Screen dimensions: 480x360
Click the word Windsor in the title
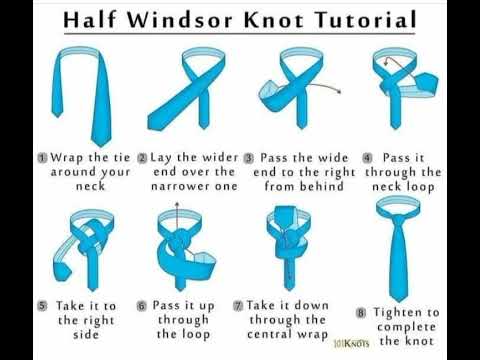click(x=180, y=19)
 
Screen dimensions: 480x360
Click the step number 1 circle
click(x=42, y=158)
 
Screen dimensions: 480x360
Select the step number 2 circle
click(x=142, y=158)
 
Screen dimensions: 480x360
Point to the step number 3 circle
click(x=249, y=158)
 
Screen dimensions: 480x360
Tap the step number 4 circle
click(x=367, y=158)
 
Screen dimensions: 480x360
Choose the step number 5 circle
click(x=42, y=306)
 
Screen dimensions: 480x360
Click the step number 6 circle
click(x=142, y=306)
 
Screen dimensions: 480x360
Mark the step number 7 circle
click(x=238, y=306)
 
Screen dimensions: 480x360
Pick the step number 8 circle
click(x=361, y=313)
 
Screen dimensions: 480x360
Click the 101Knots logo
click(x=351, y=343)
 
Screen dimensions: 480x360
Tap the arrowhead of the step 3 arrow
click(x=339, y=92)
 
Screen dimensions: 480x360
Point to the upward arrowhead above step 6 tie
click(x=177, y=204)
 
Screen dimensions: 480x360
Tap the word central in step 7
click(x=269, y=334)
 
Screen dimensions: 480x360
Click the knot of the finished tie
click(x=398, y=222)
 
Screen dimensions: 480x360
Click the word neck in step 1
click(x=90, y=186)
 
